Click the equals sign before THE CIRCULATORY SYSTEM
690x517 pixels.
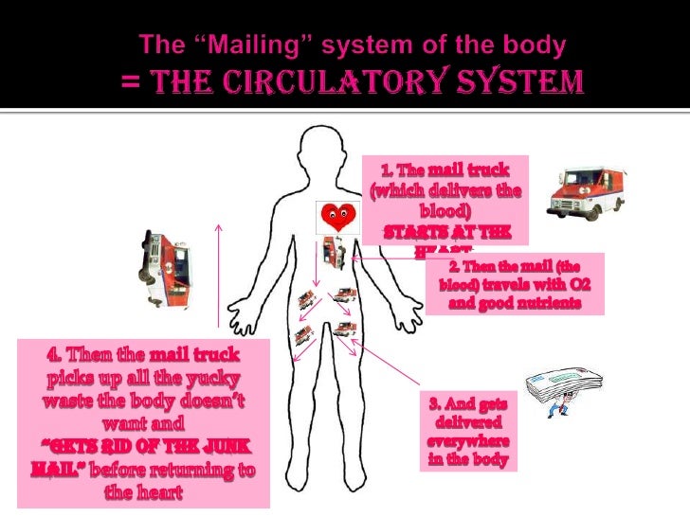pyautogui.click(x=131, y=84)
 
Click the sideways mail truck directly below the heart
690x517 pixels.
pyautogui.click(x=332, y=251)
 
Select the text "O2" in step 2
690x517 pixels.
pyautogui.click(x=578, y=285)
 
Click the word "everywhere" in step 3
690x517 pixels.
pyautogui.click(x=468, y=442)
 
